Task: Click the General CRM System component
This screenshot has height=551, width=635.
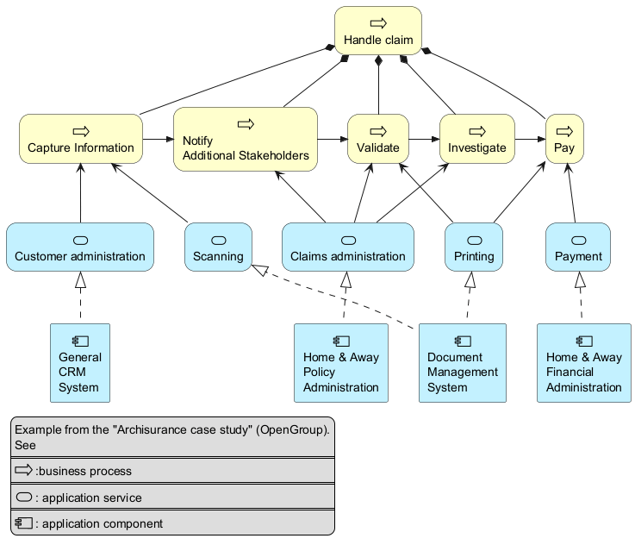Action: pyautogui.click(x=80, y=363)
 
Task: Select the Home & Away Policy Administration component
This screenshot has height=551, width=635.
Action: pyautogui.click(x=341, y=363)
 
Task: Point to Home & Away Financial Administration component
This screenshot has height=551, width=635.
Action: pyautogui.click(x=583, y=363)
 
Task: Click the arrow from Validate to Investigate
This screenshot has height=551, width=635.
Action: pyautogui.click(x=423, y=139)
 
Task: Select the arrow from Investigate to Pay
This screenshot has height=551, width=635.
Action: pyautogui.click(x=531, y=139)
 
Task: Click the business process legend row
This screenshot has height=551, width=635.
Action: pyautogui.click(x=172, y=471)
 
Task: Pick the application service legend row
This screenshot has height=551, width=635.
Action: pyautogui.click(x=172, y=497)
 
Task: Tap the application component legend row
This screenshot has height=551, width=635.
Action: pyautogui.click(x=172, y=523)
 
